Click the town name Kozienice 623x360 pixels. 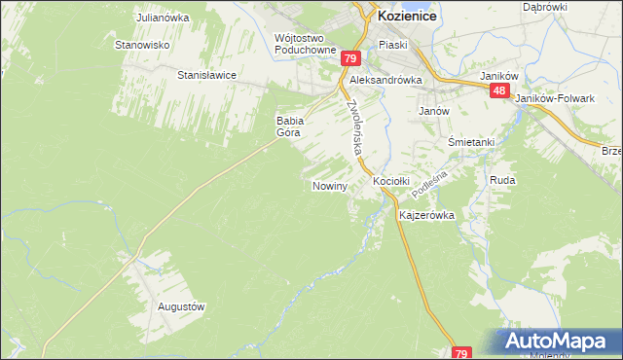[406, 17]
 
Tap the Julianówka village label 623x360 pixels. [162, 18]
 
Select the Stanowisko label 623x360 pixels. [143, 45]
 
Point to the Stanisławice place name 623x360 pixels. [206, 74]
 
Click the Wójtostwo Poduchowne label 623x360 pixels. [306, 44]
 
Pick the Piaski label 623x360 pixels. [392, 45]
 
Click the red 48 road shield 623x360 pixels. [499, 90]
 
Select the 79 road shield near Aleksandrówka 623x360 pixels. [351, 59]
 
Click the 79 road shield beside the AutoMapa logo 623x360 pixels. [462, 353]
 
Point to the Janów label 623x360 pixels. [433, 111]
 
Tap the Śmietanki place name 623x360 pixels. [471, 142]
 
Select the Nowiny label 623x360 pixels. [330, 185]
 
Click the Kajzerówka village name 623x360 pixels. [427, 215]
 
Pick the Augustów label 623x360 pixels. [181, 306]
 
